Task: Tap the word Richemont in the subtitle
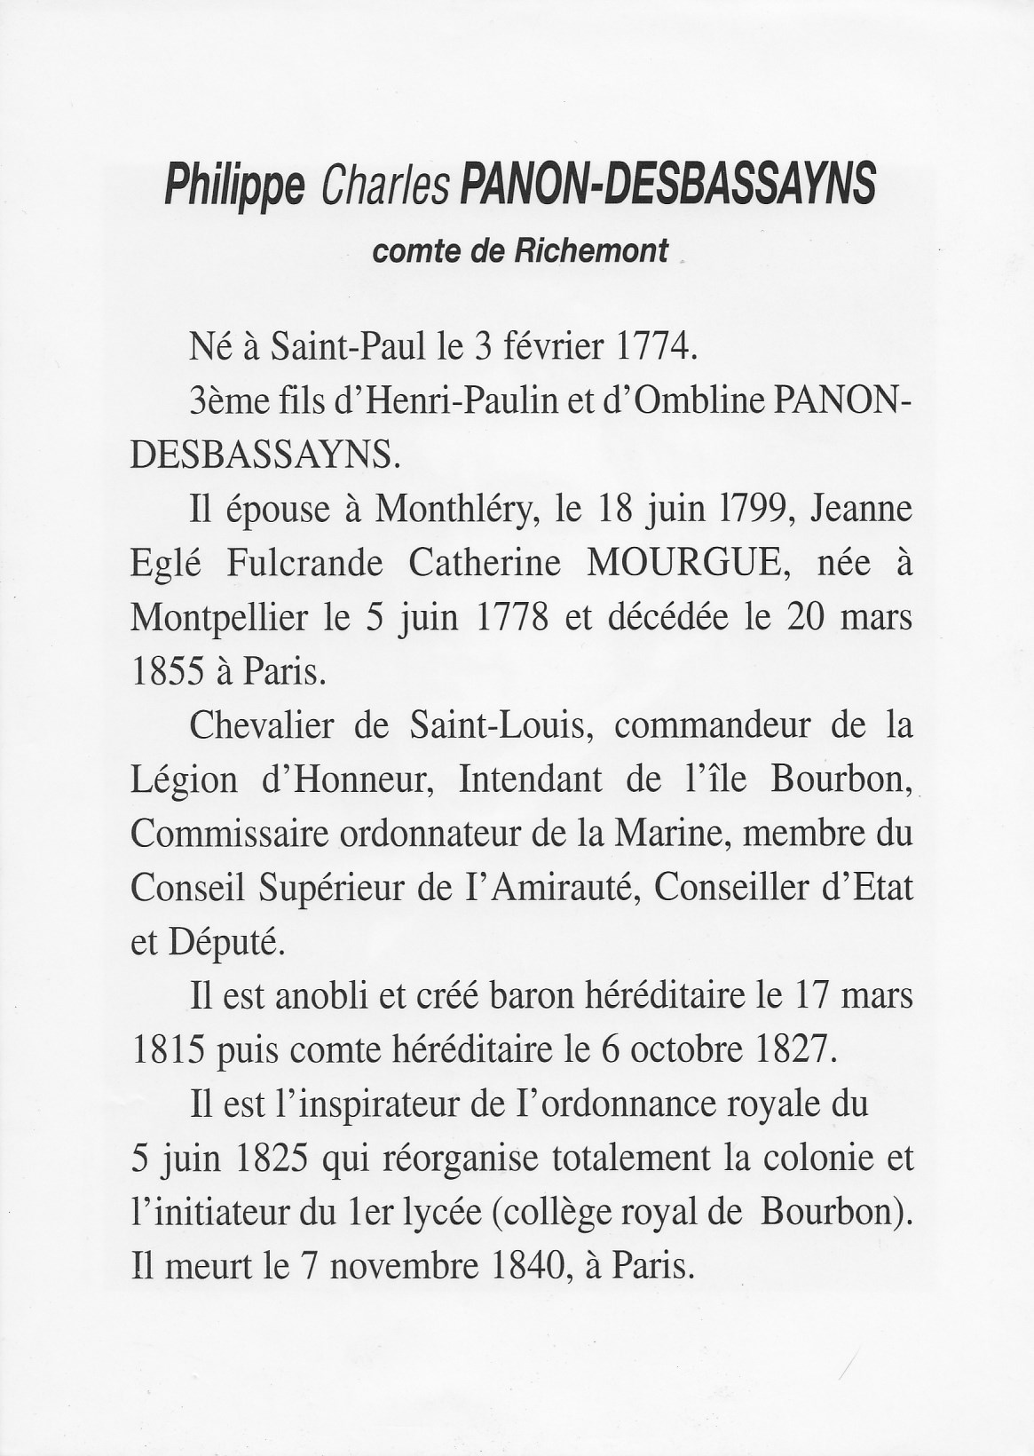click(x=591, y=251)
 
